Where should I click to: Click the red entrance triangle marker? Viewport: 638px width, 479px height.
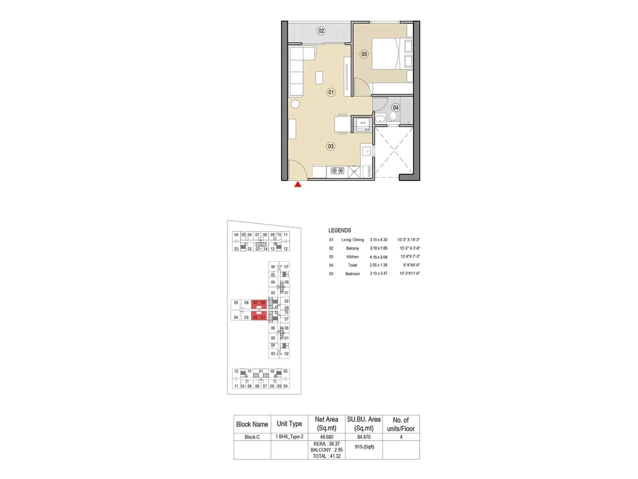pos(297,184)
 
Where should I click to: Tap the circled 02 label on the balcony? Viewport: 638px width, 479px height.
pos(321,31)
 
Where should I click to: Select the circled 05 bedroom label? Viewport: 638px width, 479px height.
pos(364,54)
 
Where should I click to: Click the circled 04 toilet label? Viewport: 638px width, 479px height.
pos(395,107)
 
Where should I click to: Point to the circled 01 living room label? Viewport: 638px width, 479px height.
pos(331,92)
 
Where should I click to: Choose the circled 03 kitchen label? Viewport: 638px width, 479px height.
pos(331,146)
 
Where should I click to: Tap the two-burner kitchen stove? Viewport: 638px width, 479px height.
pos(337,171)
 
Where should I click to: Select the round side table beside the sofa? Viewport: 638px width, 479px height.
pos(295,105)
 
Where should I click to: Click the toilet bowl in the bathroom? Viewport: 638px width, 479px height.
pos(393,116)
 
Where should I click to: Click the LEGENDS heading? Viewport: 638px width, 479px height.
pos(340,230)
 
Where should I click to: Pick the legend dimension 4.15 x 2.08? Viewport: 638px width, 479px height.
pos(378,257)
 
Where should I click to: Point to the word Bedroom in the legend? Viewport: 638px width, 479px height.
pos(352,274)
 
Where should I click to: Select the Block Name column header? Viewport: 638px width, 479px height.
pos(252,424)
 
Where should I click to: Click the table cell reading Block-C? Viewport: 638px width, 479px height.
pos(252,437)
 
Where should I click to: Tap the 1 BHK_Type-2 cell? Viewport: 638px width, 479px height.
pos(289,437)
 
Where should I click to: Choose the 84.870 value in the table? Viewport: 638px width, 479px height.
pos(364,437)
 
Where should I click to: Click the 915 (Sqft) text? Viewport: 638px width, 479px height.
pos(364,447)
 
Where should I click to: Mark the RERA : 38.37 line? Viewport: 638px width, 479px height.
pos(327,444)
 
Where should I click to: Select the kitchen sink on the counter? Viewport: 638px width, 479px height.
pos(366,151)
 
